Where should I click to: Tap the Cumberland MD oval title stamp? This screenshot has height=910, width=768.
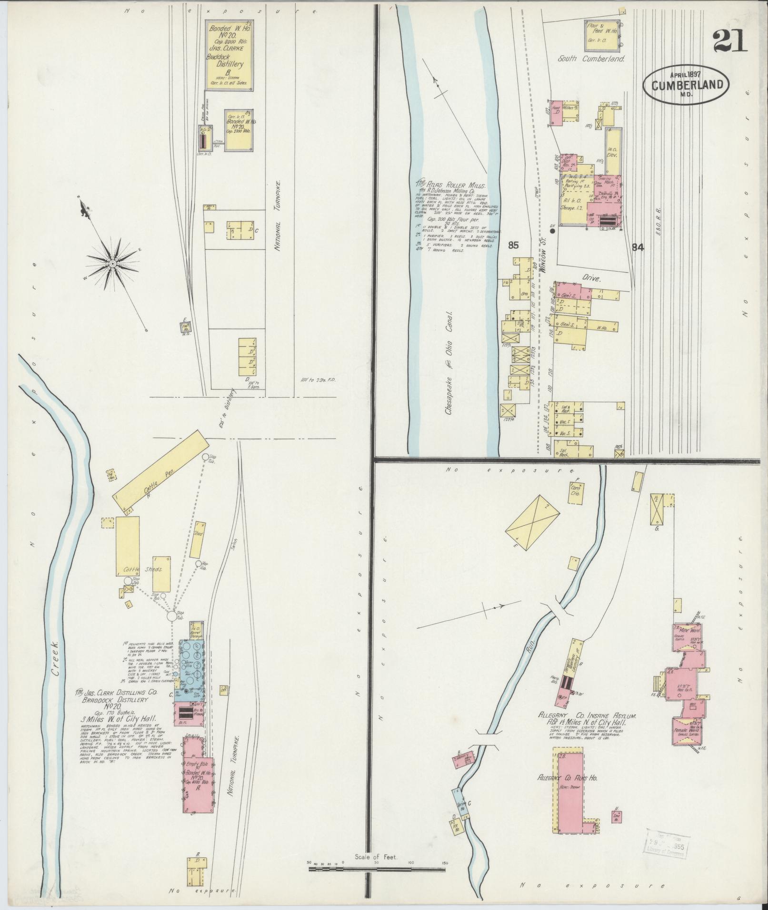pyautogui.click(x=686, y=86)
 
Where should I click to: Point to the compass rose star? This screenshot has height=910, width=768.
pyautogui.click(x=113, y=263)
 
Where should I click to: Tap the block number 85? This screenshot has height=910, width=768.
pyautogui.click(x=513, y=245)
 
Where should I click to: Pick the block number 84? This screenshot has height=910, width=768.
pyautogui.click(x=638, y=247)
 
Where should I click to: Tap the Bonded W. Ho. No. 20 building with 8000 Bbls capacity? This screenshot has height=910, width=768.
pyautogui.click(x=229, y=55)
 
